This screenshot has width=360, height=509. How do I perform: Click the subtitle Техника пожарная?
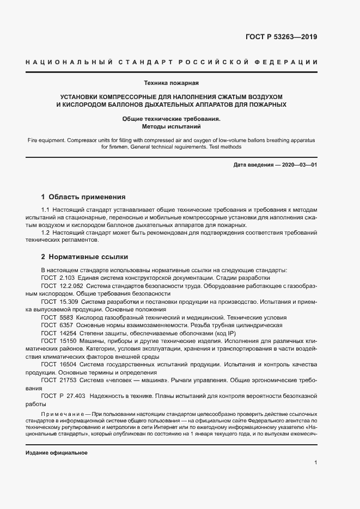172,83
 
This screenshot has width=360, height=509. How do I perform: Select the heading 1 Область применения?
83,197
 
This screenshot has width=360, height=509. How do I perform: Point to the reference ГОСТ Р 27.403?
63,395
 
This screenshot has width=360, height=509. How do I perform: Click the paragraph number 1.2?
46,232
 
